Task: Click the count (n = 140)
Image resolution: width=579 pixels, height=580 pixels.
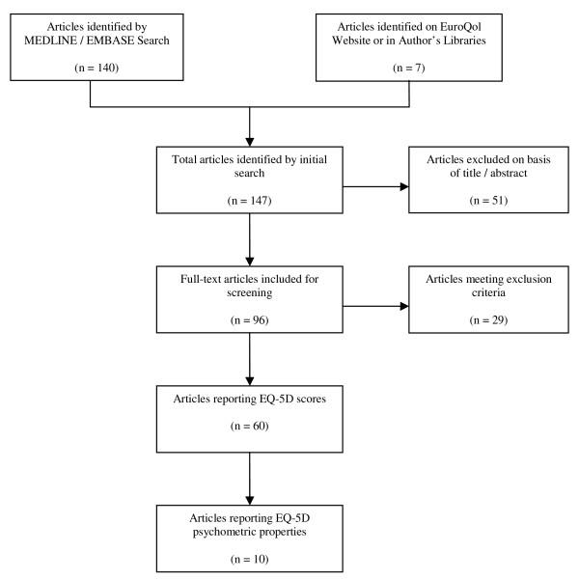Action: coord(91,68)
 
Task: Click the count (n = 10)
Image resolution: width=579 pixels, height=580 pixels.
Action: coord(250,558)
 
